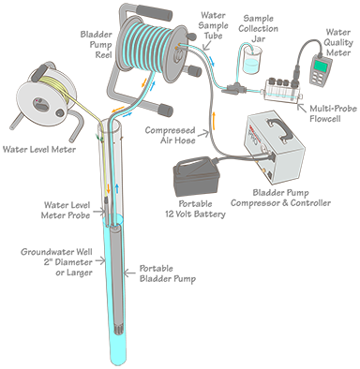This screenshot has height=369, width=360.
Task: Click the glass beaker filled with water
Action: point(248,62)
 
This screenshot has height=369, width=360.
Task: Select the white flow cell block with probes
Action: point(281,91)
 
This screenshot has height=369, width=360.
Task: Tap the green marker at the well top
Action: point(90,135)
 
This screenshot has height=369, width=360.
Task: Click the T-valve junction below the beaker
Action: point(246,86)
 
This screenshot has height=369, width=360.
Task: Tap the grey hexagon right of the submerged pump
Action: point(132,273)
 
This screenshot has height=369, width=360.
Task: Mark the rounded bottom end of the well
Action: point(118,358)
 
